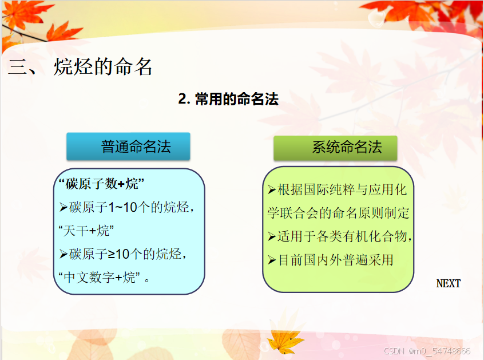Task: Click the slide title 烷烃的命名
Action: (x=103, y=67)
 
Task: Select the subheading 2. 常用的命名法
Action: (x=228, y=99)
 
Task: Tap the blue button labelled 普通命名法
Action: (x=128, y=147)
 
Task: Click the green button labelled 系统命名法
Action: (x=335, y=148)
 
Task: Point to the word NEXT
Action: (x=448, y=283)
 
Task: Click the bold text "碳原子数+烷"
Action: (x=102, y=184)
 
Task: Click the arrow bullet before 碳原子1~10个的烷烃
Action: (x=64, y=207)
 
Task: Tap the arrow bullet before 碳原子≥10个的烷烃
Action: (x=64, y=254)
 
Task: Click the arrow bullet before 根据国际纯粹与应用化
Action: (x=272, y=189)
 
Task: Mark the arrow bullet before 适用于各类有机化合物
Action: (x=272, y=236)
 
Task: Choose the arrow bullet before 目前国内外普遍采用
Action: (x=272, y=260)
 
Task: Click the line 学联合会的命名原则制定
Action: (x=338, y=213)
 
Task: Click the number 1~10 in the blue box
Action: (x=122, y=207)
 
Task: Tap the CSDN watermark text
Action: (x=427, y=351)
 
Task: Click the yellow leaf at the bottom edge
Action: (x=284, y=341)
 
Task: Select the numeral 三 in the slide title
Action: (x=17, y=67)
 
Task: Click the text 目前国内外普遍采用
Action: (x=336, y=260)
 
